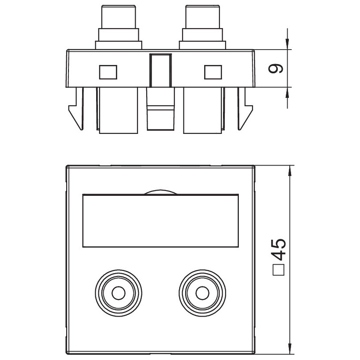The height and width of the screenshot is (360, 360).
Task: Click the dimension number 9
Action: click(276, 68)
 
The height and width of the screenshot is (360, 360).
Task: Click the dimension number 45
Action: click(279, 249)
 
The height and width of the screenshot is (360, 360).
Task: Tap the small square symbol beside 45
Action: click(278, 270)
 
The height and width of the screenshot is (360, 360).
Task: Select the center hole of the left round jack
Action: click(119, 293)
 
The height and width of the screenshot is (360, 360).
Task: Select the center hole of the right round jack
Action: click(202, 293)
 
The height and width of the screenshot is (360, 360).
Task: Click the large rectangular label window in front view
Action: click(161, 221)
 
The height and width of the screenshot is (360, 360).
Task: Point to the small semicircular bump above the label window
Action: click(161, 192)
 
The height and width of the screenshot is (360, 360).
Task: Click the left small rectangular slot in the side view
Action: click(108, 72)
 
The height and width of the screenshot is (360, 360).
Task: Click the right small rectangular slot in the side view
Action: click(213, 72)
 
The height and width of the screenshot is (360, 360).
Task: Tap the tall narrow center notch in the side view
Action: click(161, 71)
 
